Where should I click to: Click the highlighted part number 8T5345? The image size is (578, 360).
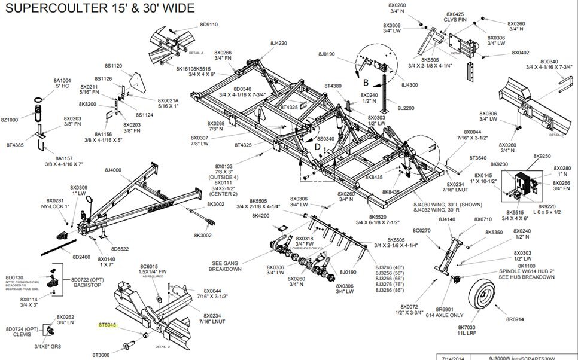point(108,325)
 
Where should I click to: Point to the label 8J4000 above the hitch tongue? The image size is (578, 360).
point(113,170)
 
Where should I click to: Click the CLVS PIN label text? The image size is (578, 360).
point(454,19)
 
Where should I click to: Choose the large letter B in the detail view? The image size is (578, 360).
point(365,82)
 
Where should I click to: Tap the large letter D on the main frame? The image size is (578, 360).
point(317,147)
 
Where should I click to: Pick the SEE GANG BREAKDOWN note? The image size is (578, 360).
point(227,266)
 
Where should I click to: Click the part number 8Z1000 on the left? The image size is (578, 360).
point(10,120)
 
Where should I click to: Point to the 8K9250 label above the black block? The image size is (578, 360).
point(542,156)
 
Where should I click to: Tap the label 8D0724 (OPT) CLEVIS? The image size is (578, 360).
point(22,332)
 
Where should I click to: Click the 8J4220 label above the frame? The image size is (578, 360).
point(278,44)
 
